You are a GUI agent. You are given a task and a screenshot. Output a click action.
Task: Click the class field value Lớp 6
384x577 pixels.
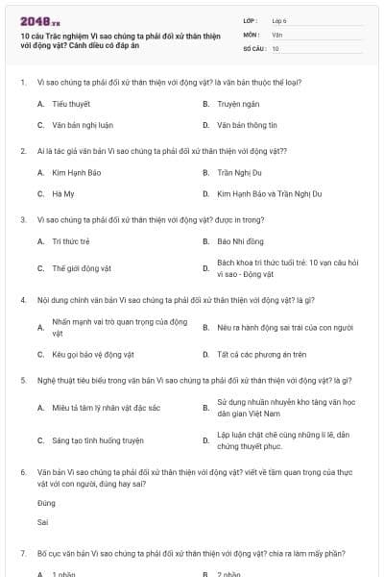pos(279,19)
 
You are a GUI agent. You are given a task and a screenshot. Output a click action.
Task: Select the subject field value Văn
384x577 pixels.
pos(276,34)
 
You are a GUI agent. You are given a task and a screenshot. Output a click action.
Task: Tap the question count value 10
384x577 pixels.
pos(276,48)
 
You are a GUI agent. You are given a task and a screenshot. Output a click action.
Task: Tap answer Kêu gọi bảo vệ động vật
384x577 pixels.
pos(92,354)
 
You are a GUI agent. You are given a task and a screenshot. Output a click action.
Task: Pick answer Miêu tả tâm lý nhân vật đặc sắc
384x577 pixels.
pos(106,408)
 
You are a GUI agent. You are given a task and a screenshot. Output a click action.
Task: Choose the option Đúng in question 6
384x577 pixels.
pos(46,503)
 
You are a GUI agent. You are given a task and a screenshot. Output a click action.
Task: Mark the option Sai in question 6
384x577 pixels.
pos(42,522)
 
